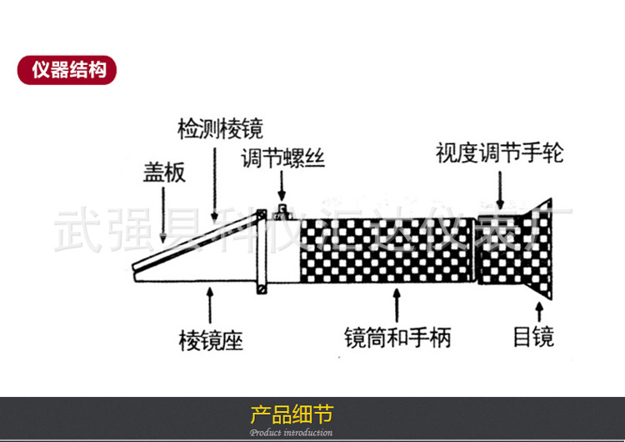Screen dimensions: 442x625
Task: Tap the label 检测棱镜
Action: (220, 129)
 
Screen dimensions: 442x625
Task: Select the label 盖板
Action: (164, 173)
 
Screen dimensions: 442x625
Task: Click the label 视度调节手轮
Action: (499, 153)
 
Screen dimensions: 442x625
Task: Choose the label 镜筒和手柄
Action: (397, 338)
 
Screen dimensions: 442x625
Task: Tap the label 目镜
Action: (533, 337)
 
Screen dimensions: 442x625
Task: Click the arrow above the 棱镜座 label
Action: (209, 304)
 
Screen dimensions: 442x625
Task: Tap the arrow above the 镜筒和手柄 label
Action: (397, 304)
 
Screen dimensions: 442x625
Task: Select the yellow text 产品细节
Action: (291, 414)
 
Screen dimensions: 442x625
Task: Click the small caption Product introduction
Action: (291, 433)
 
